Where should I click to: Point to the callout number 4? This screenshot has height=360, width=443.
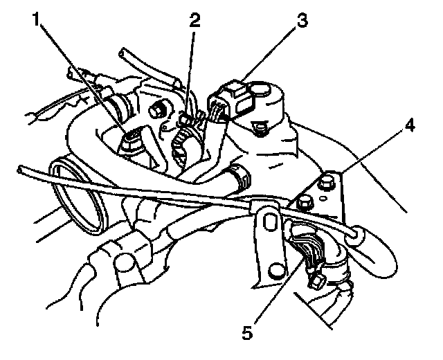point(410,127)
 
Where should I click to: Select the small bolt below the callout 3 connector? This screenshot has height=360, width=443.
point(260,126)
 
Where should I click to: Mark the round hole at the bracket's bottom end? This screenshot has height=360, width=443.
point(277,269)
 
